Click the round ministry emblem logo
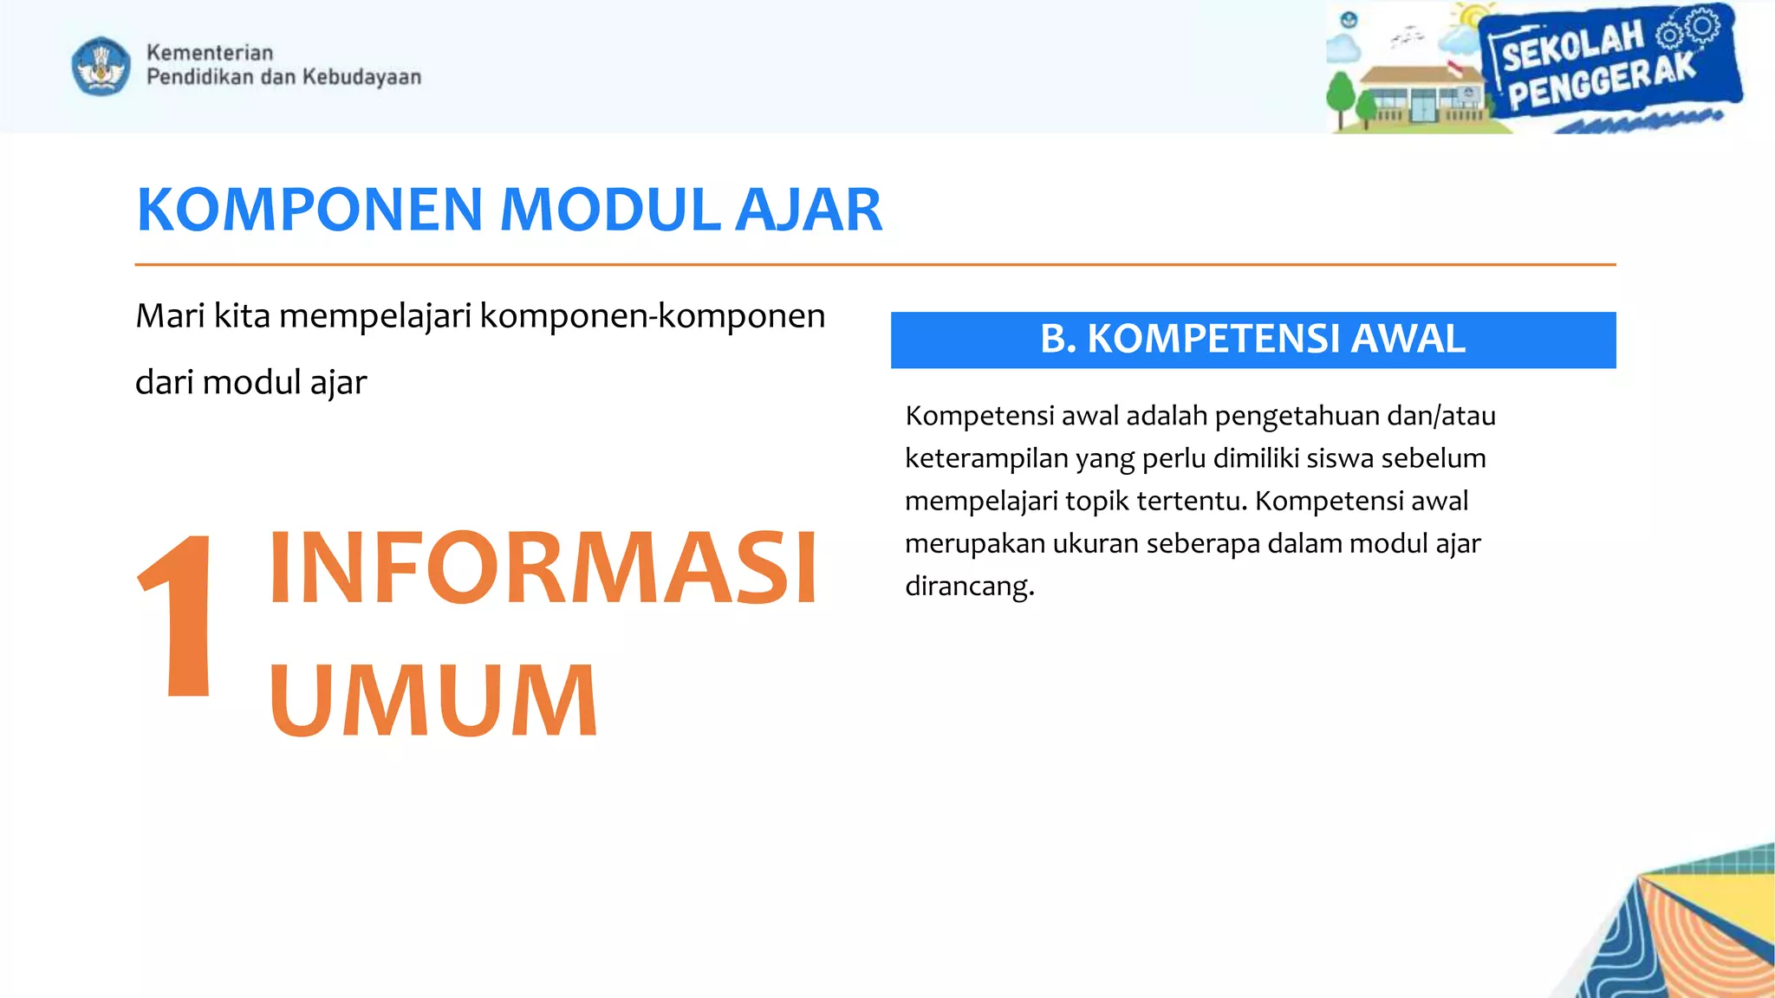101,66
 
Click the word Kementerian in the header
209,53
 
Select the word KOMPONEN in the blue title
309,211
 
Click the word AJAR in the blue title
808,211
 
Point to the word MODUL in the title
610,211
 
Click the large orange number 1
179,615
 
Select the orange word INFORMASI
543,568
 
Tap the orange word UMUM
433,700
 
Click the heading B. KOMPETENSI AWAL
1252,340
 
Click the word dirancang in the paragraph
969,586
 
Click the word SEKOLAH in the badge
1572,48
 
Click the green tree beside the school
1340,94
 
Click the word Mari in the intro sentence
170,316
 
